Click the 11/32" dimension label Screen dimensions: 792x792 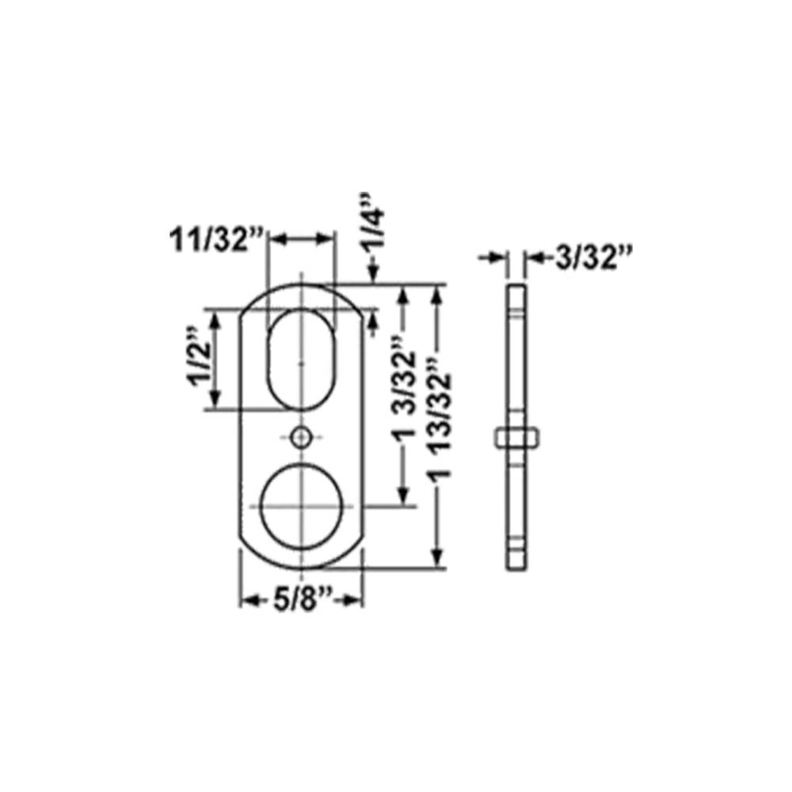point(215,239)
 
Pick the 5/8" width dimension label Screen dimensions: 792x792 point(302,601)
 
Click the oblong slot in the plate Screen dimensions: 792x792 point(301,360)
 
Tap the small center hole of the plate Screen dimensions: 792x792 point(301,436)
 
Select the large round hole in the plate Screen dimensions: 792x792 point(301,505)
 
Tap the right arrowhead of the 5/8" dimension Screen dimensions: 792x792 point(356,602)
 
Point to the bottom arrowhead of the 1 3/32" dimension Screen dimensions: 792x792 point(405,497)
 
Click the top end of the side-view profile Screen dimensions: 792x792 point(516,285)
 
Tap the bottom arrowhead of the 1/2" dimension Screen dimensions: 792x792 point(214,402)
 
